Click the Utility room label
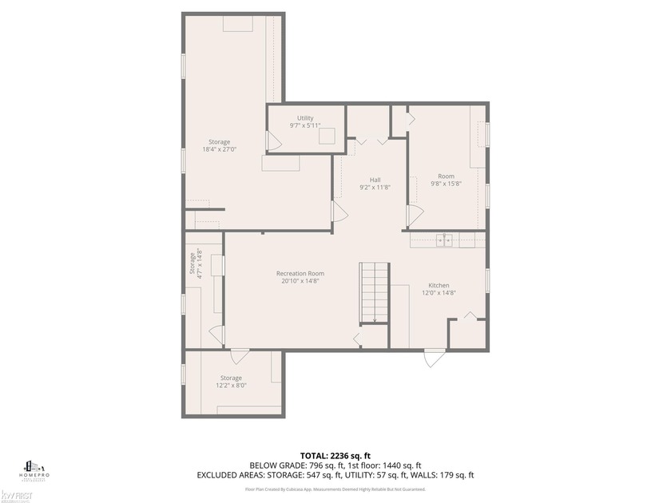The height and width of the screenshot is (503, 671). tap(305, 118)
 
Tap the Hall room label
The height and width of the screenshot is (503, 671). tap(375, 180)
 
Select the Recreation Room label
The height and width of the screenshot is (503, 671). tap(300, 274)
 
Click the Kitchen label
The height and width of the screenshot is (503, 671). tap(439, 285)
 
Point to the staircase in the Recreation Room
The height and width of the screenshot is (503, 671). tap(373, 293)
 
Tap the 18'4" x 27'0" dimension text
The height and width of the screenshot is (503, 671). tap(220, 149)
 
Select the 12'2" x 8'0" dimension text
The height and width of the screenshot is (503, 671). tap(231, 386)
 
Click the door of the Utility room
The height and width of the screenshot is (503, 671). tap(274, 142)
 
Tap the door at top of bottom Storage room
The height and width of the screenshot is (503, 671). tap(238, 356)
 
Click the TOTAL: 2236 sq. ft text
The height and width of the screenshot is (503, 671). tap(335, 453)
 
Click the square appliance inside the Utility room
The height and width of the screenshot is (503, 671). tap(326, 137)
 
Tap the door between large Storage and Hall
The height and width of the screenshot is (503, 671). tap(339, 212)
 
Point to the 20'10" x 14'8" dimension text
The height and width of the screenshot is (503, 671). tap(300, 281)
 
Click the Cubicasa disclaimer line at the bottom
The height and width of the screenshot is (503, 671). tap(335, 489)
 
